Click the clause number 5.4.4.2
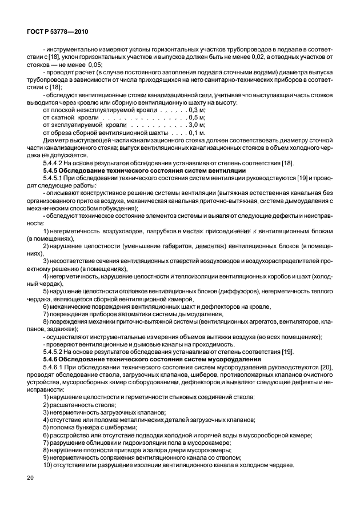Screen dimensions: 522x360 (x=56, y=163)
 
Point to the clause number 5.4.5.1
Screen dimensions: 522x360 (x=56, y=178)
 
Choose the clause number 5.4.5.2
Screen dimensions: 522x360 (x=56, y=351)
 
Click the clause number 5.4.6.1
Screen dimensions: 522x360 (x=56, y=366)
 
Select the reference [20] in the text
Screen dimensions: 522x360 (x=326, y=366)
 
